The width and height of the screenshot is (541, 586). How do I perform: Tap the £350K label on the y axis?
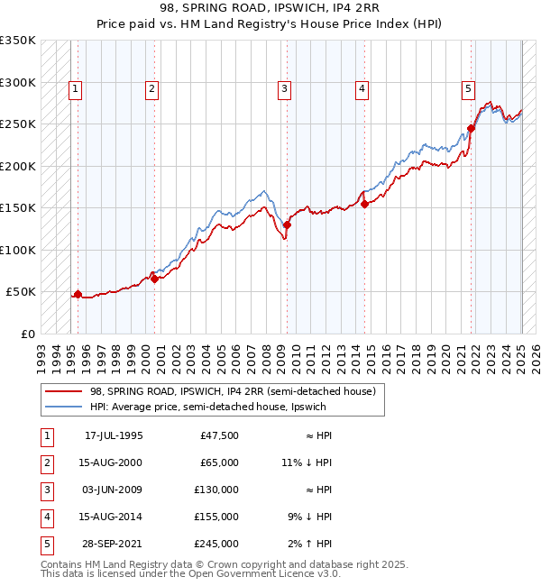18,41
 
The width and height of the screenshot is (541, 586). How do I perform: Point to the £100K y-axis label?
18,250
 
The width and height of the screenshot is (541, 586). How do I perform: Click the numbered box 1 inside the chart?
73,88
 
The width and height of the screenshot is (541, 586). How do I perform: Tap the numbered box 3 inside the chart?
284,88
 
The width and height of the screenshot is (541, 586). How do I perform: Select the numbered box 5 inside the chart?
469,88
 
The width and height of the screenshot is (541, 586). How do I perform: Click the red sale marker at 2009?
287,225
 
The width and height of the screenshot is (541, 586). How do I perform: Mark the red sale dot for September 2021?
471,129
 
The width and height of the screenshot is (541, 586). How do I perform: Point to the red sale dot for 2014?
364,204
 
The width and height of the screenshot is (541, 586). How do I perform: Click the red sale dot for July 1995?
78,294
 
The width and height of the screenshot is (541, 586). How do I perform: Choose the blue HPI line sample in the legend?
65,407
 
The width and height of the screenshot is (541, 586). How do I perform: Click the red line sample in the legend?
65,391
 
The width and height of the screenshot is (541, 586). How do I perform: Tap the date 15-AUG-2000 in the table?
114,462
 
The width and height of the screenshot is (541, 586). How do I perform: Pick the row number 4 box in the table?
46,517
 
